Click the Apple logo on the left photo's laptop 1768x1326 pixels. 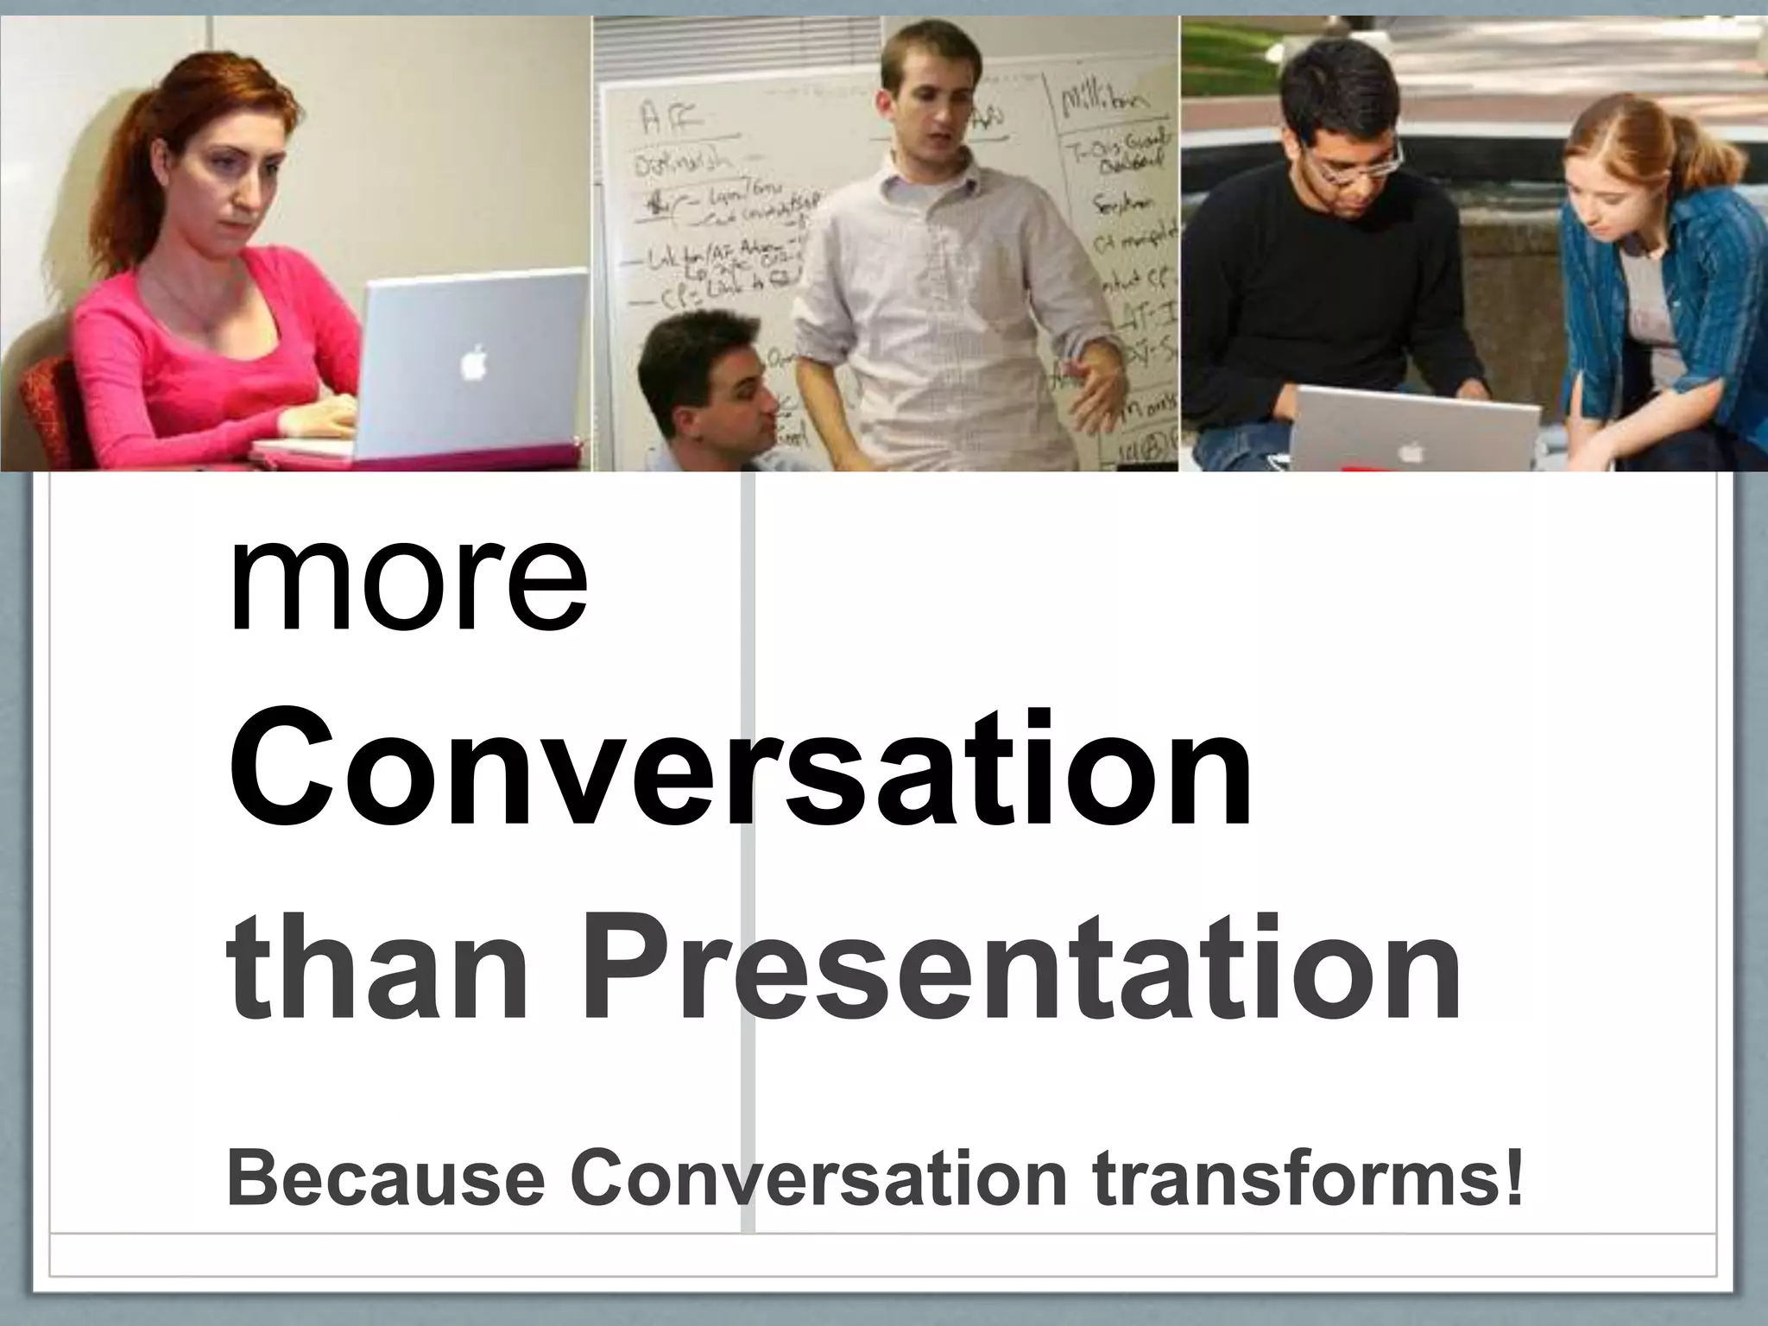point(472,362)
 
